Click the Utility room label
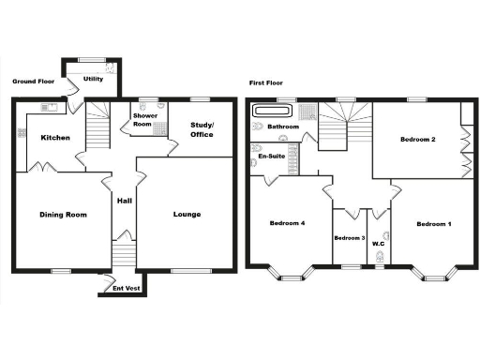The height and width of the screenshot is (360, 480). [x=93, y=79]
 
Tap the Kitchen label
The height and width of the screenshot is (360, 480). [x=55, y=138]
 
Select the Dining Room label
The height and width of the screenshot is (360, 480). [x=63, y=215]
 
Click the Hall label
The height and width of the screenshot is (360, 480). [x=124, y=201]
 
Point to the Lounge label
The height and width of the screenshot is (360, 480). [x=187, y=215]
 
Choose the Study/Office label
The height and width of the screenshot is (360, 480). [x=202, y=129]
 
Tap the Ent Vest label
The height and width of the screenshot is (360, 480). [x=127, y=288]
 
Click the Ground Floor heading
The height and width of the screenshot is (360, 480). [x=33, y=82]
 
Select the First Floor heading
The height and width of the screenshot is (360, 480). [x=267, y=82]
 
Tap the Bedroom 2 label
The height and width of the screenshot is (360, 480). [x=418, y=140]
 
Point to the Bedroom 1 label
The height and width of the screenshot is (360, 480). [x=434, y=224]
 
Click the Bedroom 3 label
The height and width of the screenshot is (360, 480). [x=350, y=238]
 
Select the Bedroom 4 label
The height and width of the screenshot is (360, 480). [x=287, y=223]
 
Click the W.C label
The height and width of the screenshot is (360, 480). [x=379, y=244]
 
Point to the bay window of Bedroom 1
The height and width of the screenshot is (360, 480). [x=437, y=274]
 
